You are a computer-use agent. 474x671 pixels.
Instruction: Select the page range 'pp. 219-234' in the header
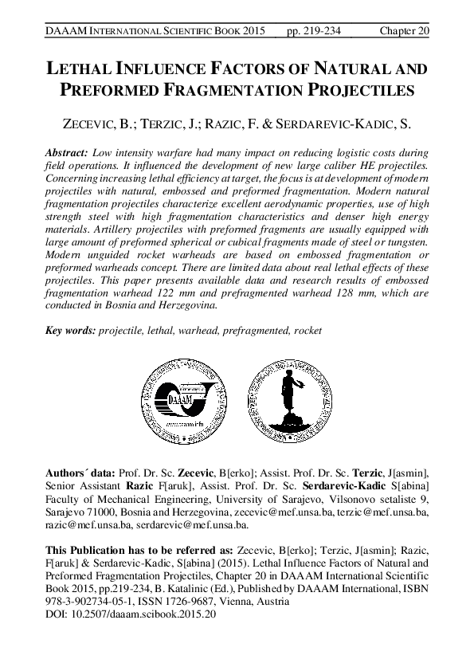point(317,30)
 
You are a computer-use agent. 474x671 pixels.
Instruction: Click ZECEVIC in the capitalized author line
point(92,125)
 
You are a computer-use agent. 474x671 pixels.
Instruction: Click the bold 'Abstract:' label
point(68,151)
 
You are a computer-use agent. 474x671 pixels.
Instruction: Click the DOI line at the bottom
point(131,615)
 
